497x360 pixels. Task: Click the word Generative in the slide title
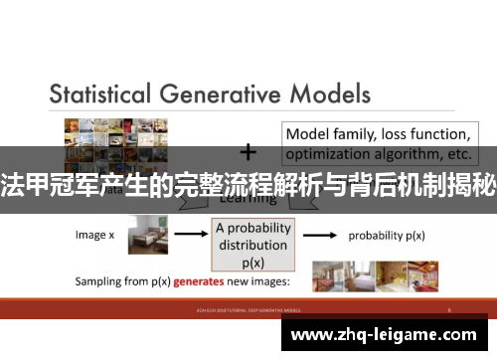click(x=228, y=95)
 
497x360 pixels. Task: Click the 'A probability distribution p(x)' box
click(x=254, y=240)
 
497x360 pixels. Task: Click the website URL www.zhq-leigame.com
click(x=390, y=336)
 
